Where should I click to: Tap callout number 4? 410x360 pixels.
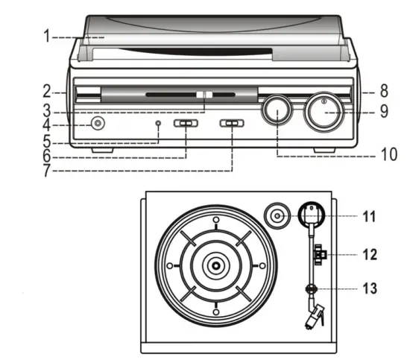[x=45, y=124]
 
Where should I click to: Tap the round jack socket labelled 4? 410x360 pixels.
[x=95, y=124]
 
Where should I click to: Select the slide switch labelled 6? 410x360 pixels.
[x=187, y=124]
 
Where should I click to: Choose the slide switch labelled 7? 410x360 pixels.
[x=233, y=124]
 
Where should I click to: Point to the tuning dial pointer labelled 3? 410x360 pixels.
[x=205, y=95]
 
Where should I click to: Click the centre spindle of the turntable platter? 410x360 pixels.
[x=215, y=265]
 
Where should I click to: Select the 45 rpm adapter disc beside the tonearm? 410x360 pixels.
[x=277, y=217]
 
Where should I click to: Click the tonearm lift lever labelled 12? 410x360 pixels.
[x=320, y=255]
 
